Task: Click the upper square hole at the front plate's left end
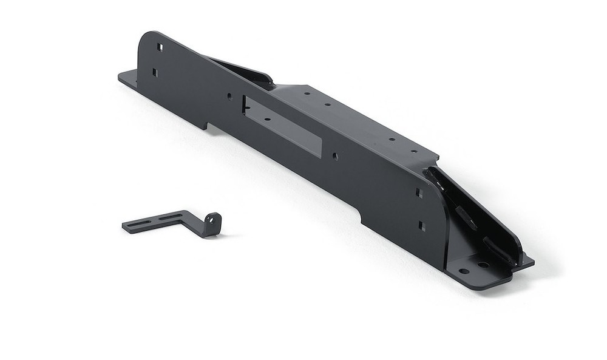coord(160,47)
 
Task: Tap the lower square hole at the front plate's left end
coord(155,72)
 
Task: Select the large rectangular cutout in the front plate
coord(282,126)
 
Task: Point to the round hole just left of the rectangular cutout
coord(229,96)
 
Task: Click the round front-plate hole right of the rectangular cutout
coord(335,156)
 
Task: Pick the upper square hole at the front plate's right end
coord(419,193)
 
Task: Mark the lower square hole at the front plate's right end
coord(422,226)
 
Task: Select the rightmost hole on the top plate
coord(415,151)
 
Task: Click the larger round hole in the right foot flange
coord(483,265)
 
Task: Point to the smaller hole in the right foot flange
coord(464,271)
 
